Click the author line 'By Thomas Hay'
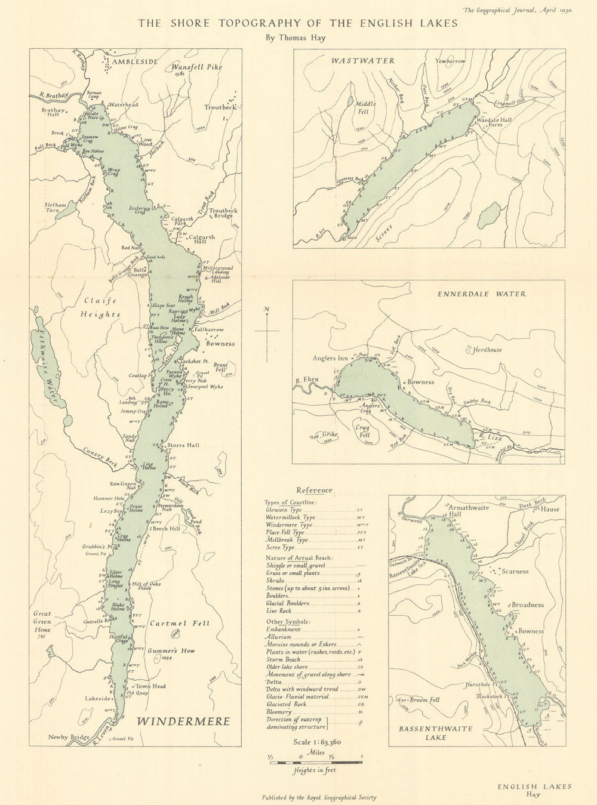tap(297, 37)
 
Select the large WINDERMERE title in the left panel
tap(183, 721)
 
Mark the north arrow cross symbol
tap(267, 330)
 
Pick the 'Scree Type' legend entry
tap(281, 547)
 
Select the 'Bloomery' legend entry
tap(279, 712)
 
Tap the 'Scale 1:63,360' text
tap(315, 742)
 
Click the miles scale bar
tap(315, 761)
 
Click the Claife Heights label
tap(101, 307)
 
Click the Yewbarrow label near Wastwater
tap(451, 61)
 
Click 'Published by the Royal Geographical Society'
tap(319, 797)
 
